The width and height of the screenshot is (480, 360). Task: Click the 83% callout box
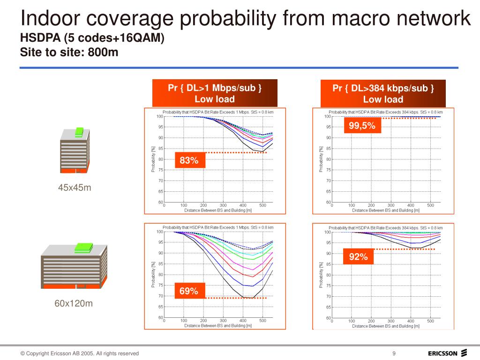(x=189, y=161)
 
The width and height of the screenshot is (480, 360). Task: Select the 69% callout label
(x=189, y=291)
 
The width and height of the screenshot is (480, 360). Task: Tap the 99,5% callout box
(x=362, y=126)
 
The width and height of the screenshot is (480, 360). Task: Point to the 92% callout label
(x=359, y=257)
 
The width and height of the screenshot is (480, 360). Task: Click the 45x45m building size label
(x=74, y=188)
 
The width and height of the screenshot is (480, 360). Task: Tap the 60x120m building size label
(x=74, y=304)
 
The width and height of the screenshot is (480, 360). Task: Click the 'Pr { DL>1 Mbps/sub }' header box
(x=215, y=93)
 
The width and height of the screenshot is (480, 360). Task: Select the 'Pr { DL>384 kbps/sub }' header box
(x=383, y=93)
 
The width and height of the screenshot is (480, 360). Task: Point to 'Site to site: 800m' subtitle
(x=69, y=52)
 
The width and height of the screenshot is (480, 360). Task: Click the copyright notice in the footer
(x=79, y=353)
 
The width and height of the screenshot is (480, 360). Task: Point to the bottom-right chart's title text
(x=385, y=228)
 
